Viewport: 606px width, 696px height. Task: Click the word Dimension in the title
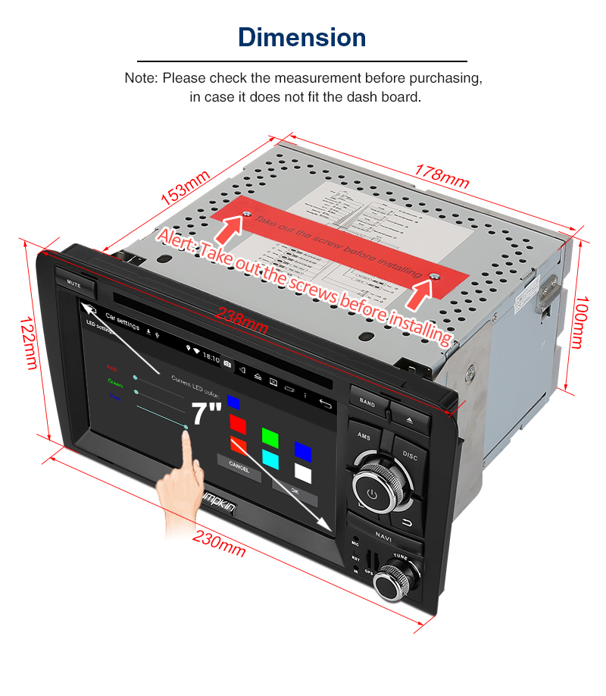click(302, 37)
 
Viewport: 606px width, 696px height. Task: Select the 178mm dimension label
click(442, 177)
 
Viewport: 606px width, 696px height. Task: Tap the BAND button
click(367, 403)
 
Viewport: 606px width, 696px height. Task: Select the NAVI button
click(384, 536)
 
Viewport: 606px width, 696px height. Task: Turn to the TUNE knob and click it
click(396, 580)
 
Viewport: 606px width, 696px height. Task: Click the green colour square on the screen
click(270, 436)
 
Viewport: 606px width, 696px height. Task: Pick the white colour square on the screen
click(303, 473)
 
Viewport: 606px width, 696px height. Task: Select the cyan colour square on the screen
click(270, 458)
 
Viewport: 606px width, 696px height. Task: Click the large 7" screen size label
click(206, 414)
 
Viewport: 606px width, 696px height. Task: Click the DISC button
click(410, 456)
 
